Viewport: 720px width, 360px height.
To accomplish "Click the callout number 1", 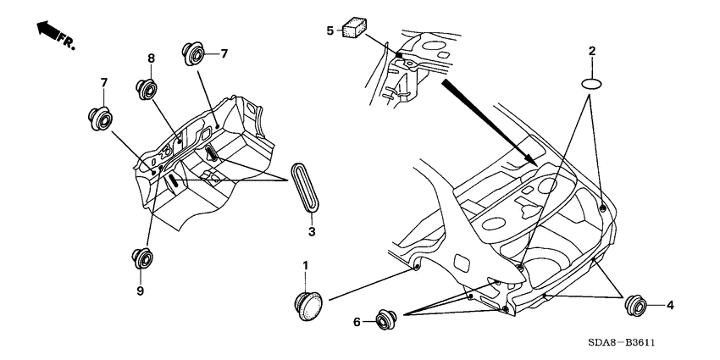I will tap(306, 269).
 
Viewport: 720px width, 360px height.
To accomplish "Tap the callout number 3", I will tap(311, 232).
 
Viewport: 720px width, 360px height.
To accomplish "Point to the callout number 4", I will tap(669, 305).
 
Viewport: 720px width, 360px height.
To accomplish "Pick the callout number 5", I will tap(330, 31).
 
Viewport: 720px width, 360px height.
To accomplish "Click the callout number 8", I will tap(151, 59).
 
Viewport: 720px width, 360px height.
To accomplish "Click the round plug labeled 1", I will tap(308, 305).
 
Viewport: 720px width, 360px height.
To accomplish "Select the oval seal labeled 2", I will tap(593, 83).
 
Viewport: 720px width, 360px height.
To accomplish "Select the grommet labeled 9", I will tap(141, 258).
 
